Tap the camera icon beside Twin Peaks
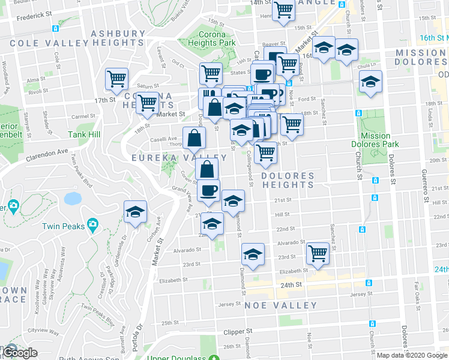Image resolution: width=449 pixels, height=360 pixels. pyautogui.click(x=92, y=225)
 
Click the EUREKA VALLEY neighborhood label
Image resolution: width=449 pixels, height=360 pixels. pyautogui.click(x=179, y=158)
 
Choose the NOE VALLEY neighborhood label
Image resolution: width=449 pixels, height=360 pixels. pyautogui.click(x=280, y=305)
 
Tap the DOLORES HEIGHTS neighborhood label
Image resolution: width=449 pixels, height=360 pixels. pyautogui.click(x=288, y=180)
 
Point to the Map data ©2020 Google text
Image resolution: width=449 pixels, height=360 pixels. pyautogui.click(x=411, y=355)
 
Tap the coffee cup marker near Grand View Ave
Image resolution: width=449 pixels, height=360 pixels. pyautogui.click(x=208, y=191)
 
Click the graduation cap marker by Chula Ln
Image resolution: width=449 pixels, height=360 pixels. pyautogui.click(x=370, y=82)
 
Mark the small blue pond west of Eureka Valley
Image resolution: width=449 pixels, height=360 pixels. pyautogui.click(x=72, y=199)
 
